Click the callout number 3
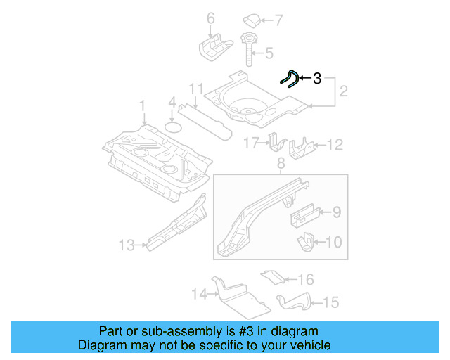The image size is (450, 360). click(x=317, y=79)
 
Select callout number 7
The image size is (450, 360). click(x=278, y=19)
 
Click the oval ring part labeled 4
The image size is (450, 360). click(x=173, y=127)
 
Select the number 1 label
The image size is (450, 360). click(x=142, y=105)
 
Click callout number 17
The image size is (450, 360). click(x=251, y=144)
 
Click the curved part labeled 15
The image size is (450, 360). click(x=294, y=302)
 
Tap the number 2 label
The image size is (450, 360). click(x=344, y=91)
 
